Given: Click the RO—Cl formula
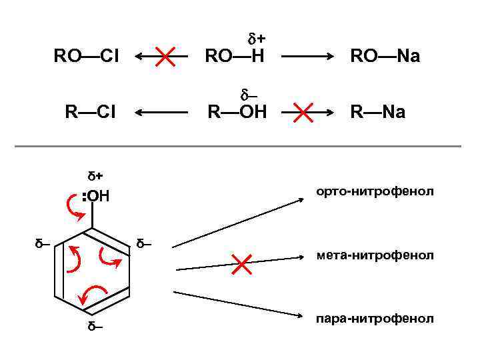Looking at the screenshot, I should click(86, 56).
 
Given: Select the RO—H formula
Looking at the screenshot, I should click(235, 56).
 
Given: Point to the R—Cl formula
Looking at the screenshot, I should click(90, 112).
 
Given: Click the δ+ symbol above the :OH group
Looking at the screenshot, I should click(95, 176).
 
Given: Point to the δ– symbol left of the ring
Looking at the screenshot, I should click(44, 243).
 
